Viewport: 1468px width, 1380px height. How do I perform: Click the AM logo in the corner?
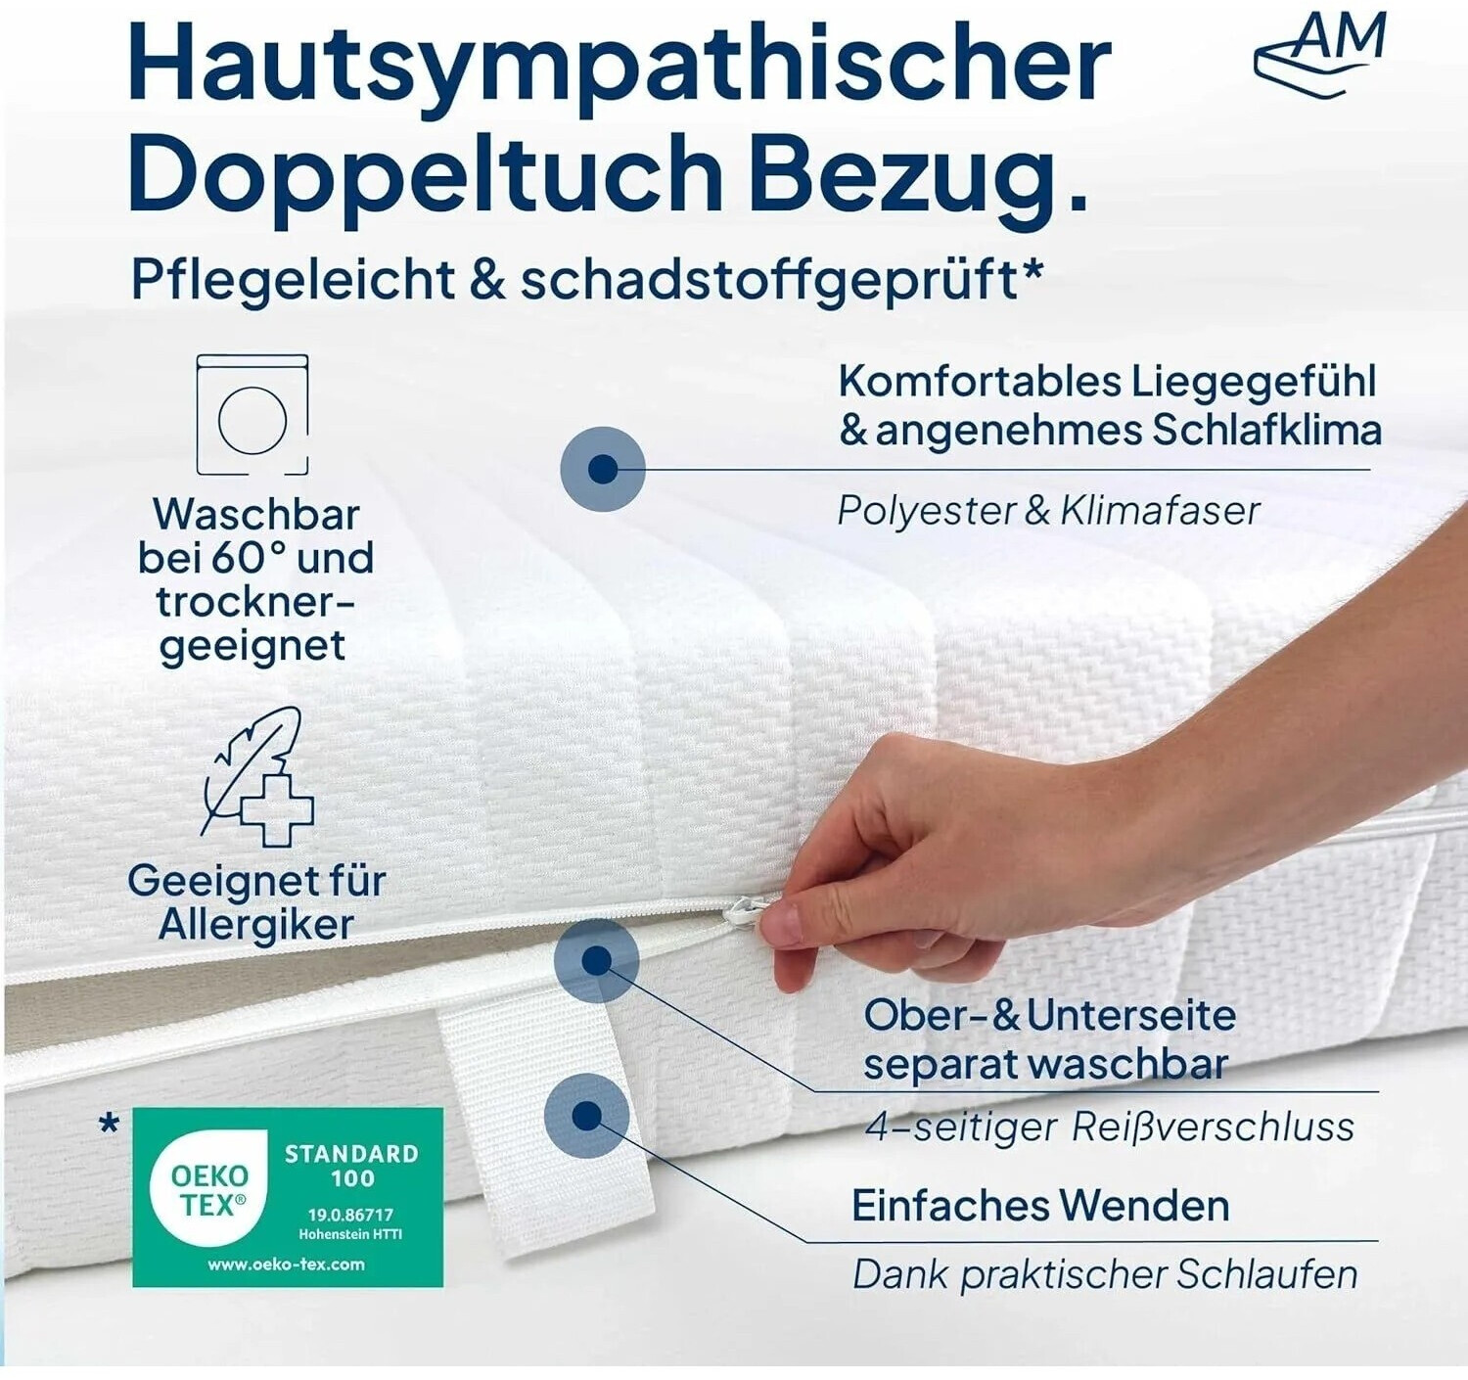point(1320,55)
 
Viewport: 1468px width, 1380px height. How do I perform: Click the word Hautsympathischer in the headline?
point(619,64)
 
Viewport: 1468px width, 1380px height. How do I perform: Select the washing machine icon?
point(252,414)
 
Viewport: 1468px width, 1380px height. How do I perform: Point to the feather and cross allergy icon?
point(258,776)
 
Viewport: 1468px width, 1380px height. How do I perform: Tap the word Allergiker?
point(256,925)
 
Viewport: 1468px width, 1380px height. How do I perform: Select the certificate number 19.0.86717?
point(351,1215)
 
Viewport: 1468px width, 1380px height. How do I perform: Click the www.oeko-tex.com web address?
point(286,1264)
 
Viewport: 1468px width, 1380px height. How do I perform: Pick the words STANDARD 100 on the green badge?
point(352,1166)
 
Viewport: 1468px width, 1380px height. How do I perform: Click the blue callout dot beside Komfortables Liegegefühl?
point(603,469)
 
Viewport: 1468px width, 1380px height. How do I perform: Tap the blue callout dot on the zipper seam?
point(597,961)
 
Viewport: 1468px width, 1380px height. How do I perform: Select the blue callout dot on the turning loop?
point(587,1116)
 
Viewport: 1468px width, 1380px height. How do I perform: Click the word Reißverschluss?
point(1213,1127)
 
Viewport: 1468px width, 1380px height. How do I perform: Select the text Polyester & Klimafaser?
point(1048,511)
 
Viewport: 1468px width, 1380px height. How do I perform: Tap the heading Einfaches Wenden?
point(1040,1206)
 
